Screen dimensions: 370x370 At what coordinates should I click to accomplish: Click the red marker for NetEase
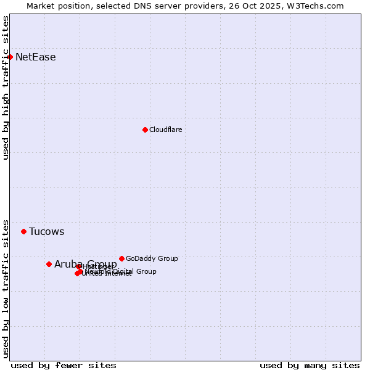coord(10,57)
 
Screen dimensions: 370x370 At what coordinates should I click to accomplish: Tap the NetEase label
coord(36,57)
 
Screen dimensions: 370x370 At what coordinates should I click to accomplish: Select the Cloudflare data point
coord(145,129)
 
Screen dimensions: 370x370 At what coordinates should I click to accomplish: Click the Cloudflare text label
coord(166,129)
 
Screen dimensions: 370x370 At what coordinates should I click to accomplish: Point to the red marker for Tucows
coord(23,231)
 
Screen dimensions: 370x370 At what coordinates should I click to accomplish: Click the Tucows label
coord(47,232)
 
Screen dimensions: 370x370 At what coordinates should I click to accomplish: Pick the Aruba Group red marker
coord(49,264)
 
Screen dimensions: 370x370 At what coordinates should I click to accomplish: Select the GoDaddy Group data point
coord(121,258)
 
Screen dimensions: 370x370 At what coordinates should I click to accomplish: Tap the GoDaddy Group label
coord(152,258)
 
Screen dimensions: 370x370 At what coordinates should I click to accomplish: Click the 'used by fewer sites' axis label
coord(64,365)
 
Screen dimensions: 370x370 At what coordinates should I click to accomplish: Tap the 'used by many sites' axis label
coord(310,365)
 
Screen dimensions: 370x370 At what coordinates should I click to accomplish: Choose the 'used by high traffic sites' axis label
coord(6,88)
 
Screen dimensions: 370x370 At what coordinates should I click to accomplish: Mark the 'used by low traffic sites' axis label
coord(6,288)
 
